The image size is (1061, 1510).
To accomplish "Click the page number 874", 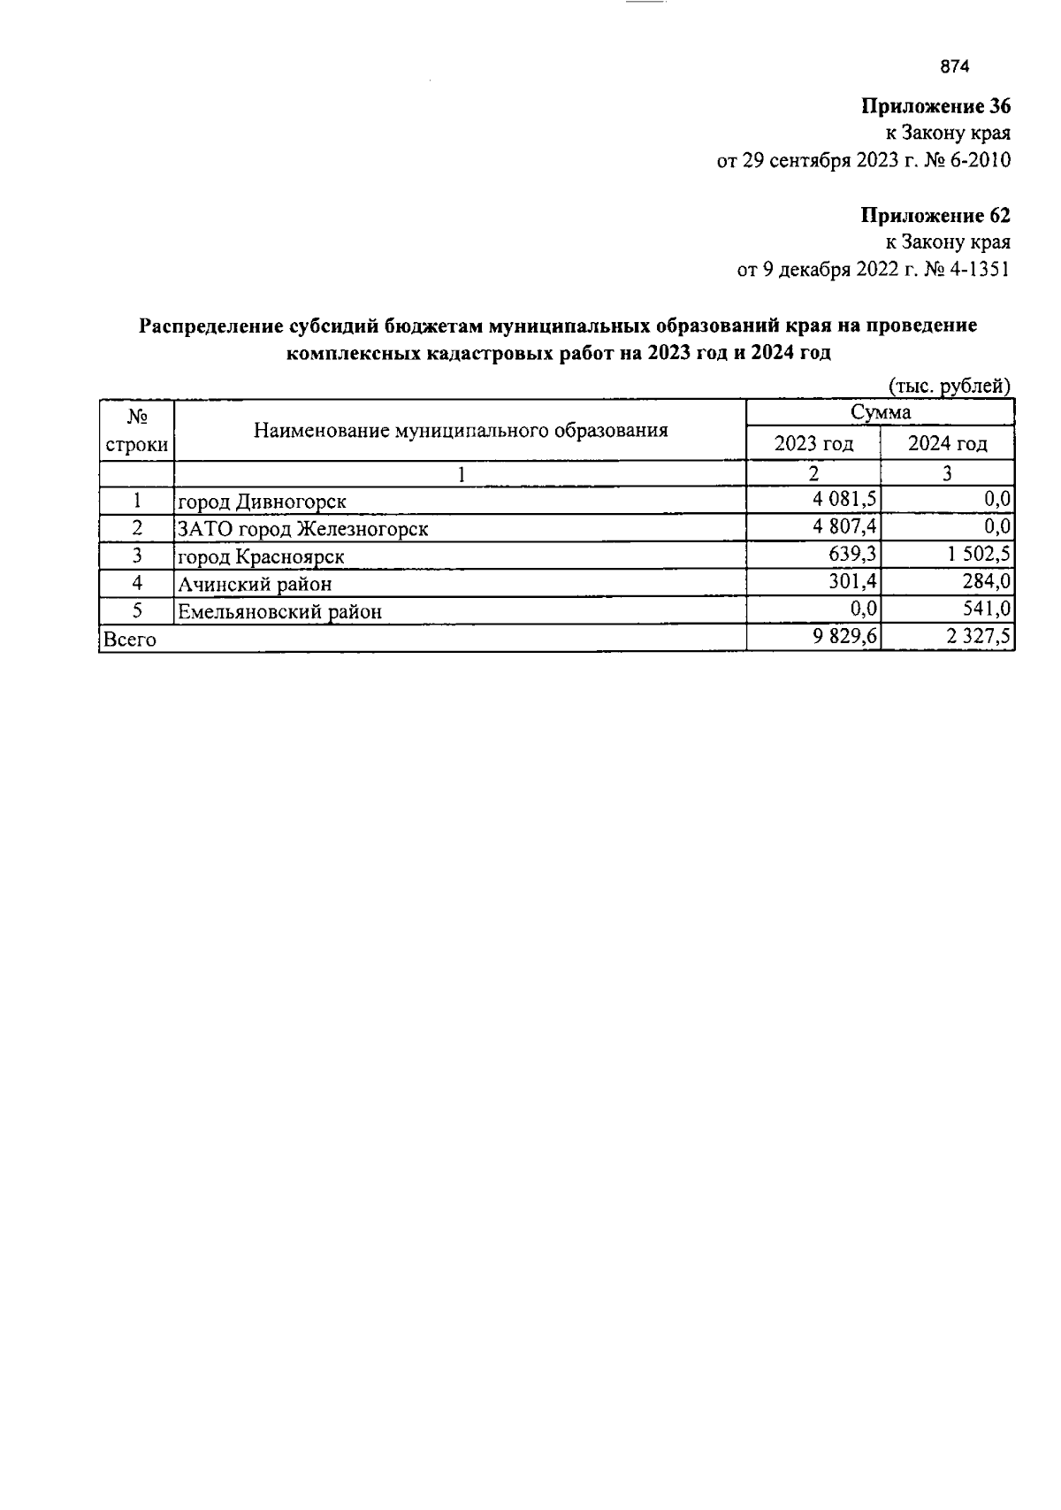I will tap(955, 67).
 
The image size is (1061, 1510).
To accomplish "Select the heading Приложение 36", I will tap(935, 107).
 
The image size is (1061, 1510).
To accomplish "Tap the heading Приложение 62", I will tap(935, 216).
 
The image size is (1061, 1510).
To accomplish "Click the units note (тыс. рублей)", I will tap(948, 386).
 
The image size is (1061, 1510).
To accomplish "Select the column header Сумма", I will tap(881, 412).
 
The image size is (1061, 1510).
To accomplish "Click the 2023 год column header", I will tap(813, 443).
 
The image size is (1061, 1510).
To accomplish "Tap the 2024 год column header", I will tap(947, 443).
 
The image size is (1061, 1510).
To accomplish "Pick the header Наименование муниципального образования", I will tap(461, 431).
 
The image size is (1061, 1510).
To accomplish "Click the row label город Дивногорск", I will tap(262, 502).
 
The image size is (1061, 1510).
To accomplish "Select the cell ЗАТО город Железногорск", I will tap(303, 529).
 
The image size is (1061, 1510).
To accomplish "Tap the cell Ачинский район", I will tap(255, 584).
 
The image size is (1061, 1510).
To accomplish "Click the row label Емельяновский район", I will tap(279, 611).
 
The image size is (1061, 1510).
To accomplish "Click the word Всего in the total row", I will tap(130, 640).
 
